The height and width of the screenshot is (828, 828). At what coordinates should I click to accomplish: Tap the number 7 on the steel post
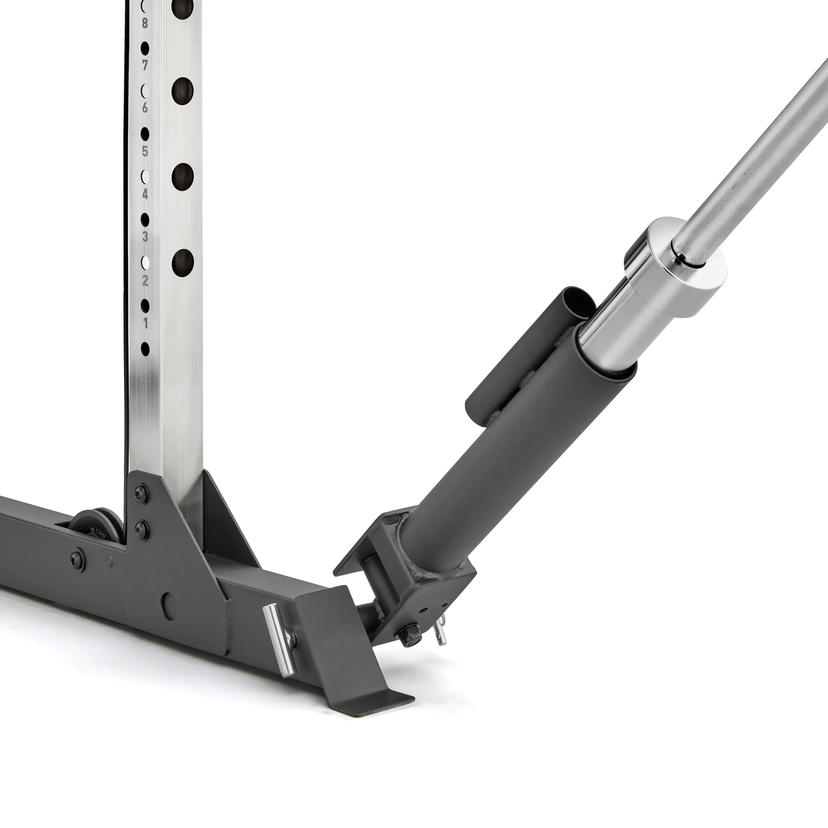coord(145,66)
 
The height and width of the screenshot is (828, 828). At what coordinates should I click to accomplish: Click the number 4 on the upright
coord(145,194)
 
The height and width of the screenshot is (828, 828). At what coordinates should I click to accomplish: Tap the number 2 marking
coord(145,281)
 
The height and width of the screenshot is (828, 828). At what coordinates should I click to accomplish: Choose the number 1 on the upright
coord(145,323)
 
